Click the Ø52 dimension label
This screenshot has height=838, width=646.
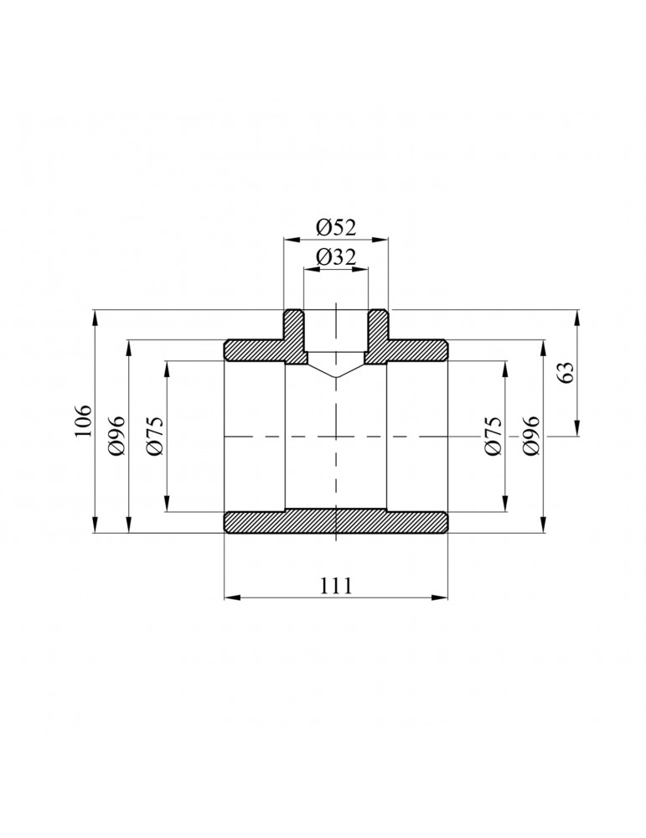tap(335, 228)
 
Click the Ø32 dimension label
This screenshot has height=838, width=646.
tap(335, 257)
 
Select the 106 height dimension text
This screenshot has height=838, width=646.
tap(83, 422)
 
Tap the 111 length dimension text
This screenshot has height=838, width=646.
tap(336, 586)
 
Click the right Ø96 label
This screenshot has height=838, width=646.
tap(531, 436)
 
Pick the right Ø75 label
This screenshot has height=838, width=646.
tap(494, 436)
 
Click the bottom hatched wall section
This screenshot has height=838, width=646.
tap(335, 522)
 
